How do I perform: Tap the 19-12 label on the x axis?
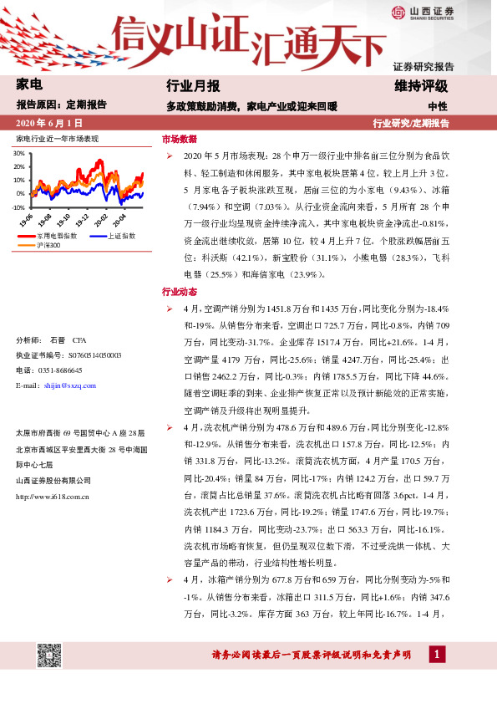coord(83,220)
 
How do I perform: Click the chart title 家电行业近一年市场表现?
coord(57,138)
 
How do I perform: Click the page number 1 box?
coord(435,654)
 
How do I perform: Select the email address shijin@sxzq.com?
coord(68,385)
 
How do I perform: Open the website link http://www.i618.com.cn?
coord(53,496)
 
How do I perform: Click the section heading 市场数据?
coord(179,139)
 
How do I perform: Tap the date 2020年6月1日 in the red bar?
coord(50,123)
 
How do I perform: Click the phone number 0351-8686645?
coord(58,370)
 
